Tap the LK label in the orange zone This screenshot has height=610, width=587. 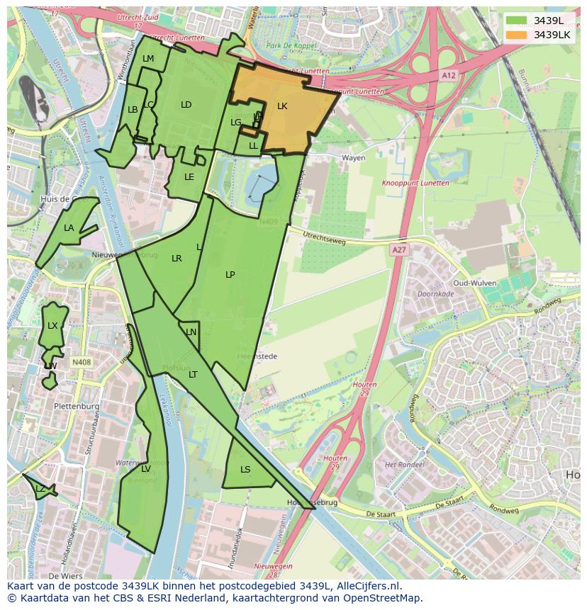[282, 106]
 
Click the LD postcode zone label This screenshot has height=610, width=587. [186, 105]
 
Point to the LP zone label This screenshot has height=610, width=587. [230, 274]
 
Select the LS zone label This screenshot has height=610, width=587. [245, 469]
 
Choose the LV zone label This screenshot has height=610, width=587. [145, 469]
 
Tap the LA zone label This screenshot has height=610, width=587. [69, 228]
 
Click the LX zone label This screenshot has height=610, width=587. [52, 326]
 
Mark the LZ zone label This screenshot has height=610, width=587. [40, 489]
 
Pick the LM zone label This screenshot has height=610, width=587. [148, 59]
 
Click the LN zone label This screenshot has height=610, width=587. [191, 332]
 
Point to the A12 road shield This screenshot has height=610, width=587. [448, 74]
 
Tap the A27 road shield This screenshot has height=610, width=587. [399, 249]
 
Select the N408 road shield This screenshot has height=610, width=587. [82, 363]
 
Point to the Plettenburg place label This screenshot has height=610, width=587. [76, 406]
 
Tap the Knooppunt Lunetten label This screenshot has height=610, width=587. [415, 183]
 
